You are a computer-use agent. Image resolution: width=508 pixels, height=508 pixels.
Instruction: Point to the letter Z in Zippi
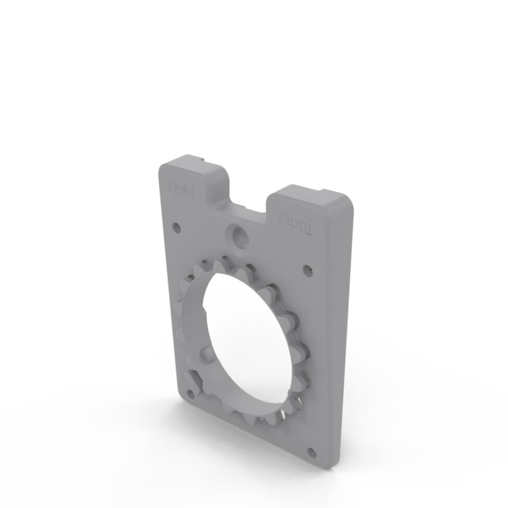click(x=282, y=215)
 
